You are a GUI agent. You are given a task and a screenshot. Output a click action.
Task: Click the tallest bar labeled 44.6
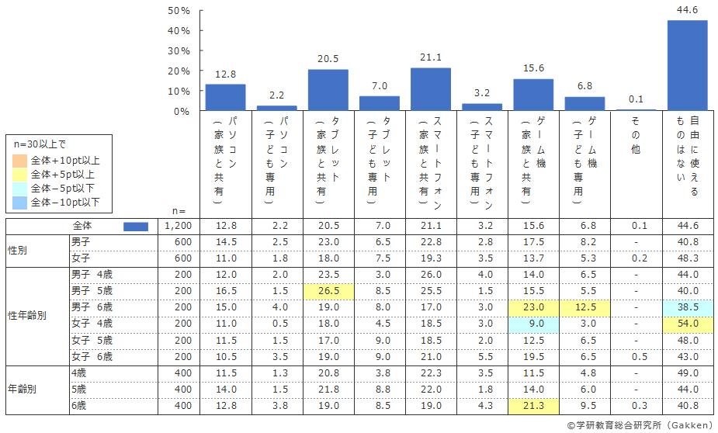[687, 65]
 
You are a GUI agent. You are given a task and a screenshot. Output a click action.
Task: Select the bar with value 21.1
[431, 89]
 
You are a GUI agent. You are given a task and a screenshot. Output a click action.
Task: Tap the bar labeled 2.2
[276, 108]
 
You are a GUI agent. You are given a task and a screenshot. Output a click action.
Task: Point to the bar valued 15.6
[533, 95]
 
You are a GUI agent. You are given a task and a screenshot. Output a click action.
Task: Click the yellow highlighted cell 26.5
[328, 290]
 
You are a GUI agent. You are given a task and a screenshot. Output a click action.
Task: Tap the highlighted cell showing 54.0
[687, 323]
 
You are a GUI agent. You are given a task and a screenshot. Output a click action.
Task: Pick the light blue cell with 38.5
[687, 307]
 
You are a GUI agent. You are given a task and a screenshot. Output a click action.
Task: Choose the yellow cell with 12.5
[584, 307]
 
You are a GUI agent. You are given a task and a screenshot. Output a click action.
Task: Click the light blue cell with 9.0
[533, 323]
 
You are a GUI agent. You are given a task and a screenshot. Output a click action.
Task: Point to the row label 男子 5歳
[92, 290]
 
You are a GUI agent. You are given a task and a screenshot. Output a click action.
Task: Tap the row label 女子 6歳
[92, 357]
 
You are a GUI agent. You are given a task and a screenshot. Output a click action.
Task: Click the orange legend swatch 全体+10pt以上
[20, 161]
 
